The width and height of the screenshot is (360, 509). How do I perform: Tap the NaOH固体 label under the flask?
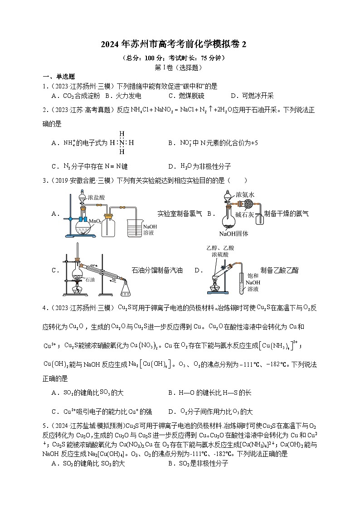pos(234,234)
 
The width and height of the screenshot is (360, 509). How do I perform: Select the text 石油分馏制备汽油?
pos(157,270)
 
